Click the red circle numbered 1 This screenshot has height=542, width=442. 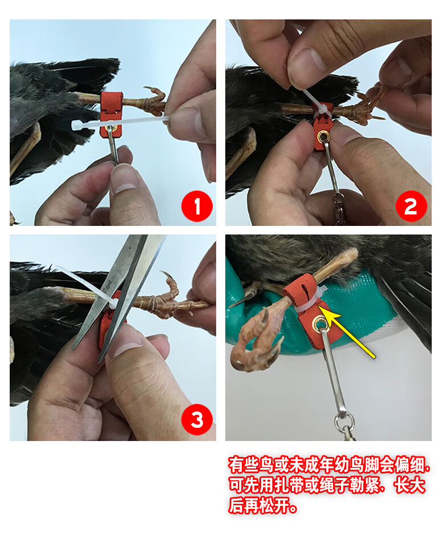(x=197, y=206)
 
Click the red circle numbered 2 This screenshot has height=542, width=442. (x=411, y=206)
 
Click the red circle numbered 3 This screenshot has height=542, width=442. (x=197, y=420)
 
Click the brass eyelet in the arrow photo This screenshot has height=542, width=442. (x=319, y=325)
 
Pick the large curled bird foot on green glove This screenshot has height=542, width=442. (x=254, y=339)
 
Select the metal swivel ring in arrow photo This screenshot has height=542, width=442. (x=344, y=425)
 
